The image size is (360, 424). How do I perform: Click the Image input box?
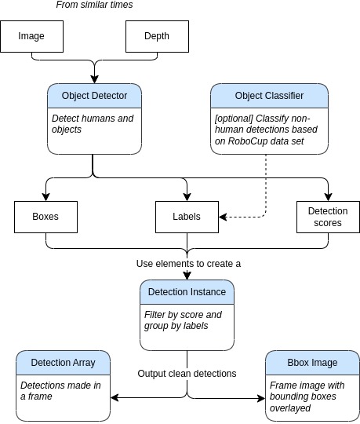[x=32, y=36]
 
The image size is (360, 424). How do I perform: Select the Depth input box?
[x=157, y=36]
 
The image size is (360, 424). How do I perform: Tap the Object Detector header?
[x=95, y=96]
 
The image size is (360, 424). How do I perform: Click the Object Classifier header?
[x=269, y=96]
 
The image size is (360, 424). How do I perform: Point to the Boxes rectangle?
[x=46, y=217]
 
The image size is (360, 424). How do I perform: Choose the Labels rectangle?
[x=187, y=217]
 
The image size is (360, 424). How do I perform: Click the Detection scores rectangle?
[x=328, y=217]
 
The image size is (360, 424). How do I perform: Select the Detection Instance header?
[x=187, y=292]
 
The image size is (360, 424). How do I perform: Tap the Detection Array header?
[x=64, y=363]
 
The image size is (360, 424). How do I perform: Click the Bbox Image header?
[x=312, y=363]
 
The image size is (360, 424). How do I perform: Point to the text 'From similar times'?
[x=94, y=5]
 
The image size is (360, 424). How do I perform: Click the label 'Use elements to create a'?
[x=188, y=264]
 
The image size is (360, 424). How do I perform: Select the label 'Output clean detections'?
[x=187, y=374]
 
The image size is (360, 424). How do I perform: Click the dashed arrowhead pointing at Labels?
[x=223, y=217]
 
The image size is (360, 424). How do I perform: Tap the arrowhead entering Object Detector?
[x=95, y=79]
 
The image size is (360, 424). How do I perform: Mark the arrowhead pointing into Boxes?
[x=46, y=197]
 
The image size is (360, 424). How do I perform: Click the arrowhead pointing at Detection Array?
[x=115, y=397]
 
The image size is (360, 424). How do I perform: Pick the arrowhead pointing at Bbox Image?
[x=261, y=398]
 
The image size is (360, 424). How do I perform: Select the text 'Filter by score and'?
[x=183, y=315]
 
